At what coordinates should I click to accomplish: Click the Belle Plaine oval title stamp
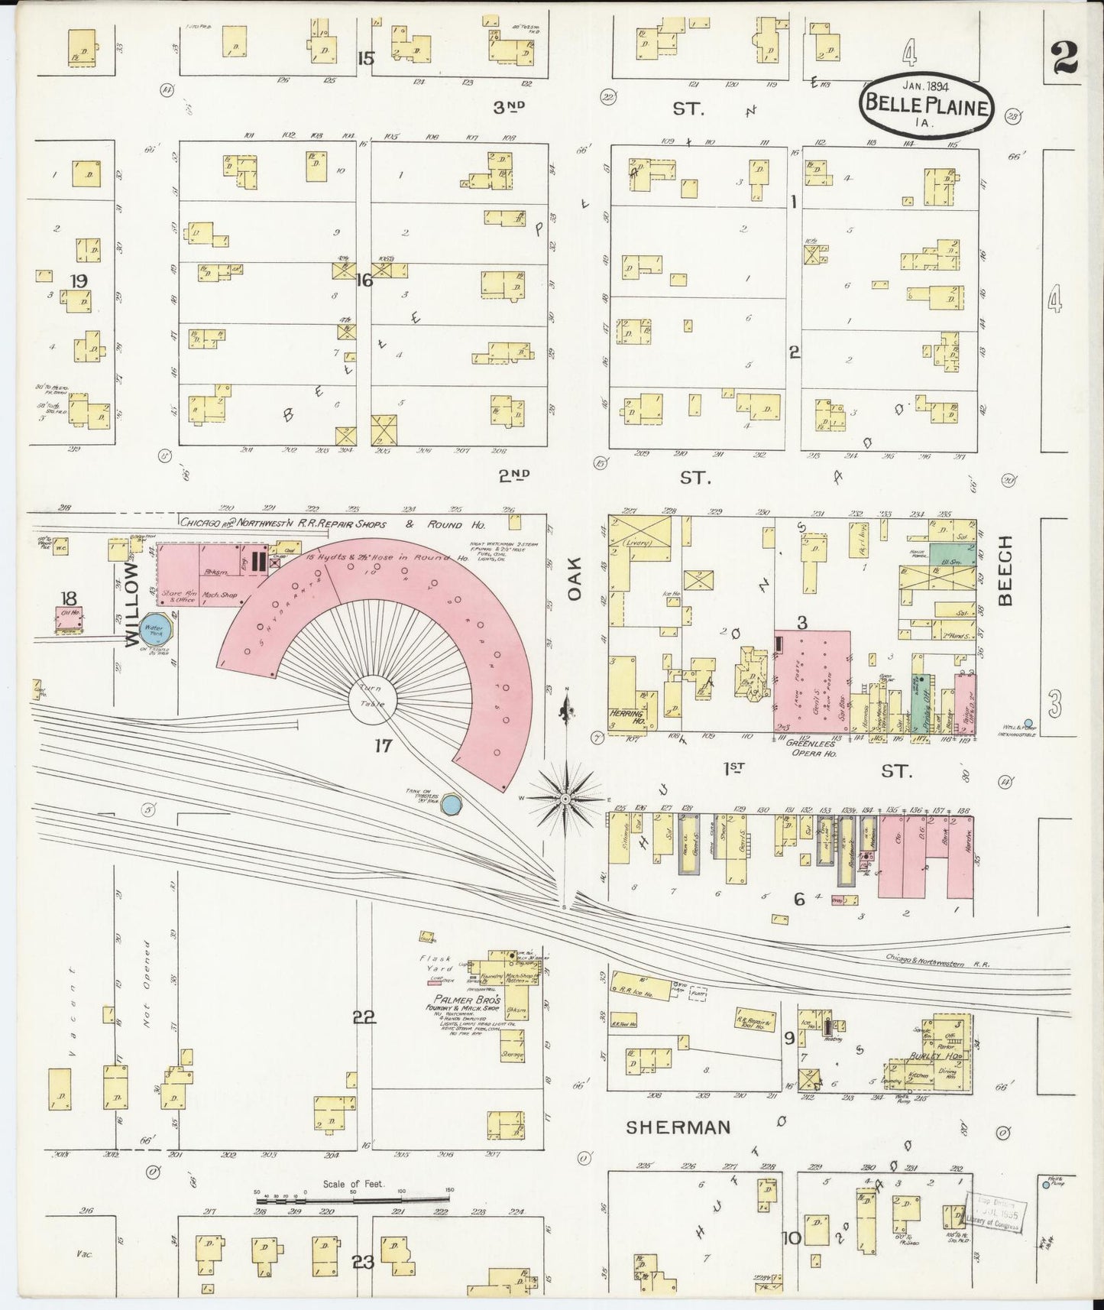[927, 108]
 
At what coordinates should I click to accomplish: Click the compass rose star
[565, 799]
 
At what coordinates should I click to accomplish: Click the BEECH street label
[1004, 570]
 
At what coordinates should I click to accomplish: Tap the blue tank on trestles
[452, 804]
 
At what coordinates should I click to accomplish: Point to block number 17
[383, 745]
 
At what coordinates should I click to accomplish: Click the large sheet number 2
[1064, 57]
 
